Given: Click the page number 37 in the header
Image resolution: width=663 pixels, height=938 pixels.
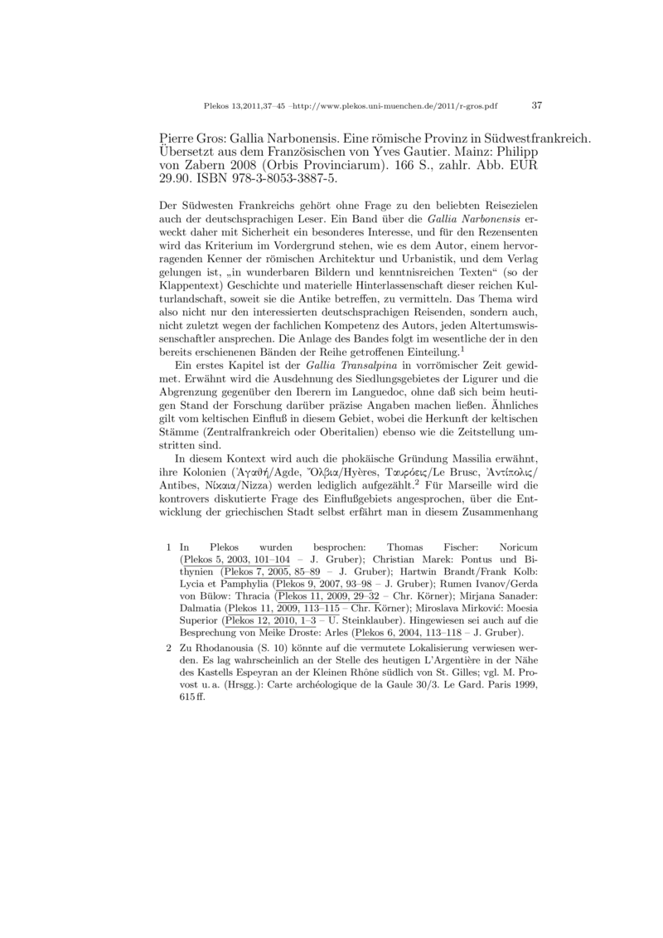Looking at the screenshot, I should pyautogui.click(x=536, y=106).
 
